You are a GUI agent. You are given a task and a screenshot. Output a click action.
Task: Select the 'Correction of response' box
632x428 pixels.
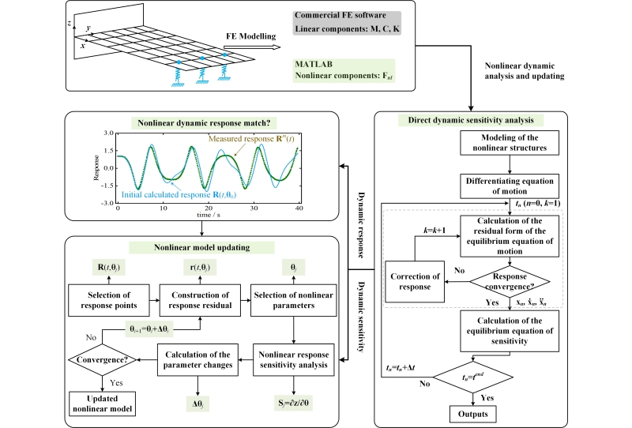419,283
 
